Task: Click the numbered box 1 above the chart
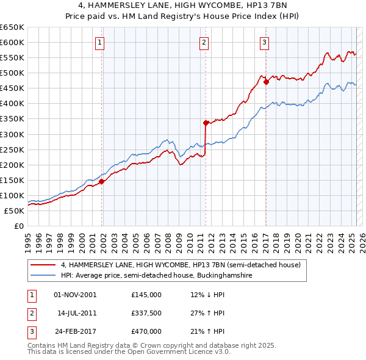99,43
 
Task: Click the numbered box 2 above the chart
203,43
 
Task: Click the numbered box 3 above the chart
264,43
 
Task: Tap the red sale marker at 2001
102,181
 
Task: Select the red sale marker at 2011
206,122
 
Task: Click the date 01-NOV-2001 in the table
75,295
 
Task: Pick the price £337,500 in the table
146,313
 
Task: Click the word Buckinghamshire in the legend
226,276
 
